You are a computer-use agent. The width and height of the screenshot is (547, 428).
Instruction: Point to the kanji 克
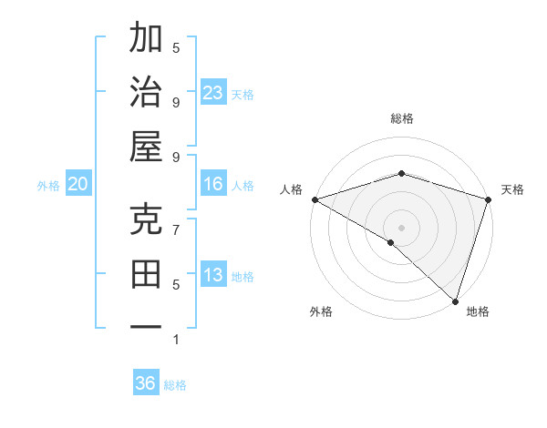point(146,220)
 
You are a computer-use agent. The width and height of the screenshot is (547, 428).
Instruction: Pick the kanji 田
point(146,273)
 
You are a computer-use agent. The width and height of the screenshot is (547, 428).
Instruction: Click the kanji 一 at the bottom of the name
point(146,326)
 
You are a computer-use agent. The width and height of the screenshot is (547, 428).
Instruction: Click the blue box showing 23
point(213,93)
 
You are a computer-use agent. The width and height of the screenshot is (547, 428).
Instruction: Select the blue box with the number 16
point(213,184)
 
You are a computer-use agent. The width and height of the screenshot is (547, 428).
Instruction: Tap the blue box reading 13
point(213,275)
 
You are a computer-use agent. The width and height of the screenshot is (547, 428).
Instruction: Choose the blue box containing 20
point(78,184)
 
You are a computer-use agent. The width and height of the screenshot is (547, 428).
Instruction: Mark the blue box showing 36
point(146,383)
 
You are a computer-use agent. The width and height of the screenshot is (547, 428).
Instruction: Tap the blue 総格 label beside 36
point(175,384)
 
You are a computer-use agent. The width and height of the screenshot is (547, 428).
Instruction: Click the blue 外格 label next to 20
point(48,185)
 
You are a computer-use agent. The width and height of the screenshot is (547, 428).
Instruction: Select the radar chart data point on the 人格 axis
point(315,199)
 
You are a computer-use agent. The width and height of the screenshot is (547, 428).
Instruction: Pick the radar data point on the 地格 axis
point(455,301)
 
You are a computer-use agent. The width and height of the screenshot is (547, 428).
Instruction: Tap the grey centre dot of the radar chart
point(402,227)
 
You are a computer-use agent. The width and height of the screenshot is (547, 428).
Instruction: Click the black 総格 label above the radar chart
point(402,118)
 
